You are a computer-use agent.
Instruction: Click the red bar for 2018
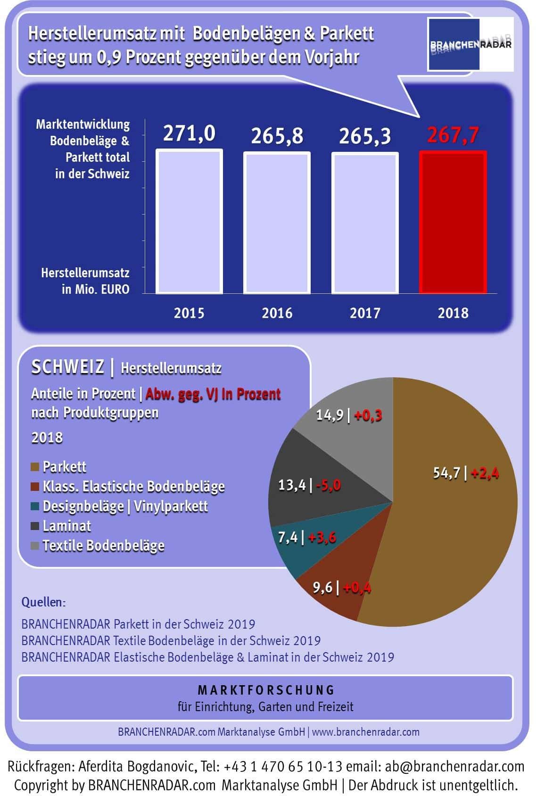point(453,222)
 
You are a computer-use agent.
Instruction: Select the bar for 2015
point(189,222)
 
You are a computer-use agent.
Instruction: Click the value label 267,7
point(453,135)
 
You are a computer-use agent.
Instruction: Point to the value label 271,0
point(189,133)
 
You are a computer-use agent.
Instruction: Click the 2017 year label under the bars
point(365,313)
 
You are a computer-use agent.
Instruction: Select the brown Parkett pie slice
point(453,528)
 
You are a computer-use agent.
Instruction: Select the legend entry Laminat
point(66,526)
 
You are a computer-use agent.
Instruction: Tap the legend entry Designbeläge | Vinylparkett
point(125,506)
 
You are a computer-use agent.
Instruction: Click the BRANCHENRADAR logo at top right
point(470,44)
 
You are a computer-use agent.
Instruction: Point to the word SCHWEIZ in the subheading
point(67,367)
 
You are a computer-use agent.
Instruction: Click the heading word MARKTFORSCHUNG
point(266,690)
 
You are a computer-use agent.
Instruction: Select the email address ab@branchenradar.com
point(454,767)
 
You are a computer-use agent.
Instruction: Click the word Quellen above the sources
point(43,602)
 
